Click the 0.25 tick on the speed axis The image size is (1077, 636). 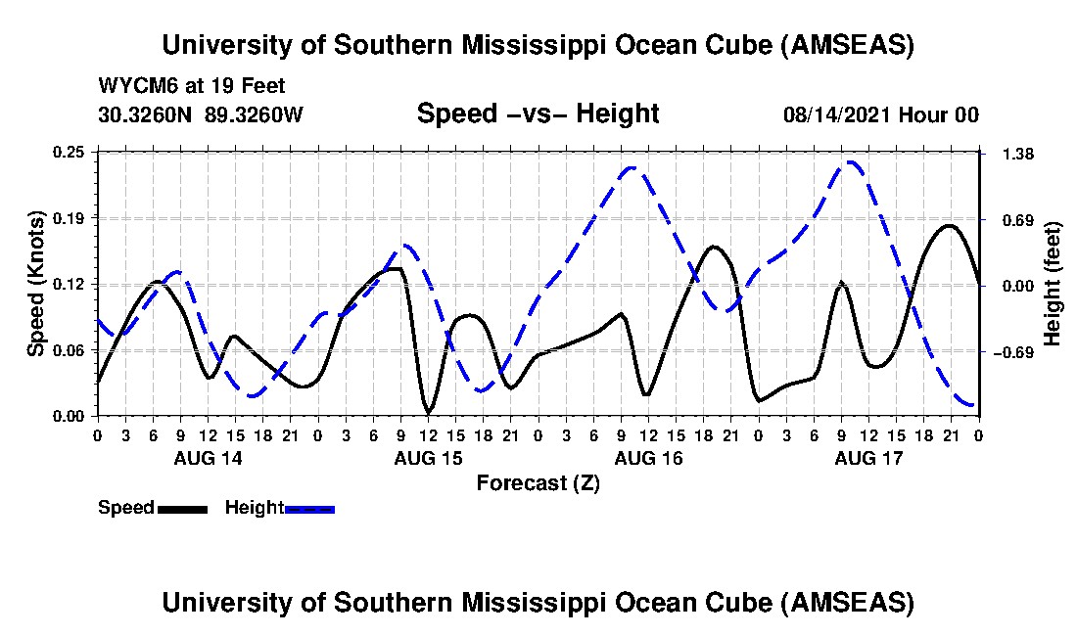(74, 152)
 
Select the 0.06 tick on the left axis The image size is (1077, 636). (74, 350)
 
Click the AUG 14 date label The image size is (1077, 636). (208, 457)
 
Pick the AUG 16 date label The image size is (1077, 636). (648, 457)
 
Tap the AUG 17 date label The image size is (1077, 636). (868, 457)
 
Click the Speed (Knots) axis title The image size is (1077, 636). (36, 284)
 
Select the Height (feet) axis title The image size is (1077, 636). (1053, 284)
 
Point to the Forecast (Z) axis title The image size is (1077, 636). (538, 482)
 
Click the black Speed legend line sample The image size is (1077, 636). (181, 509)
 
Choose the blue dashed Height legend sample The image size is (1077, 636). (309, 509)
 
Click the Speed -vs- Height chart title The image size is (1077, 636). (538, 114)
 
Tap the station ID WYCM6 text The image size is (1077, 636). (132, 86)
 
